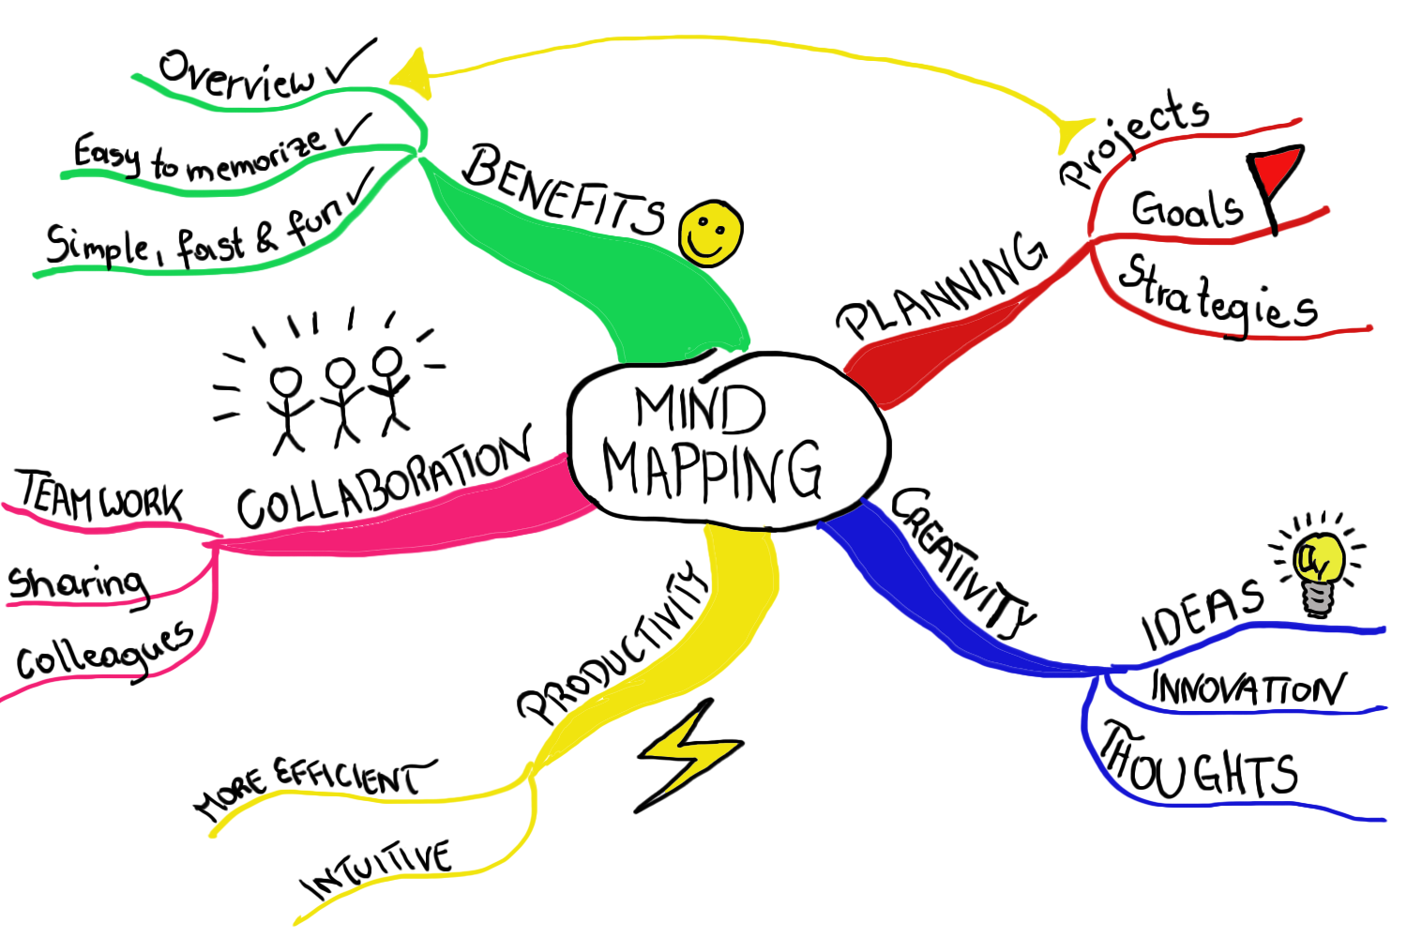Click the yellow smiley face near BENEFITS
click(712, 233)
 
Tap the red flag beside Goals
click(1278, 174)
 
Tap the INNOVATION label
click(1248, 689)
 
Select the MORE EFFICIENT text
click(314, 786)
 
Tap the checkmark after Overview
click(351, 64)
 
